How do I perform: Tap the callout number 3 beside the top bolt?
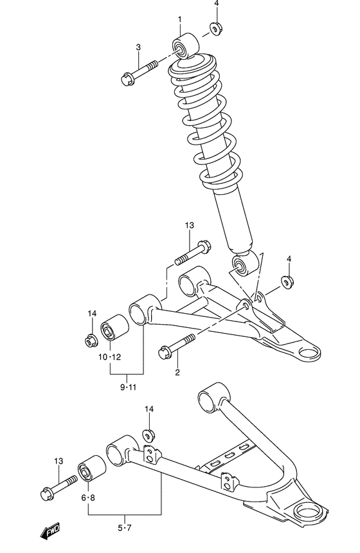[x=138, y=47]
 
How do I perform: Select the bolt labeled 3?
[x=139, y=72]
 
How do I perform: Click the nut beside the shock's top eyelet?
[x=215, y=29]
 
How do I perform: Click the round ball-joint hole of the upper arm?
[x=311, y=352]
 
